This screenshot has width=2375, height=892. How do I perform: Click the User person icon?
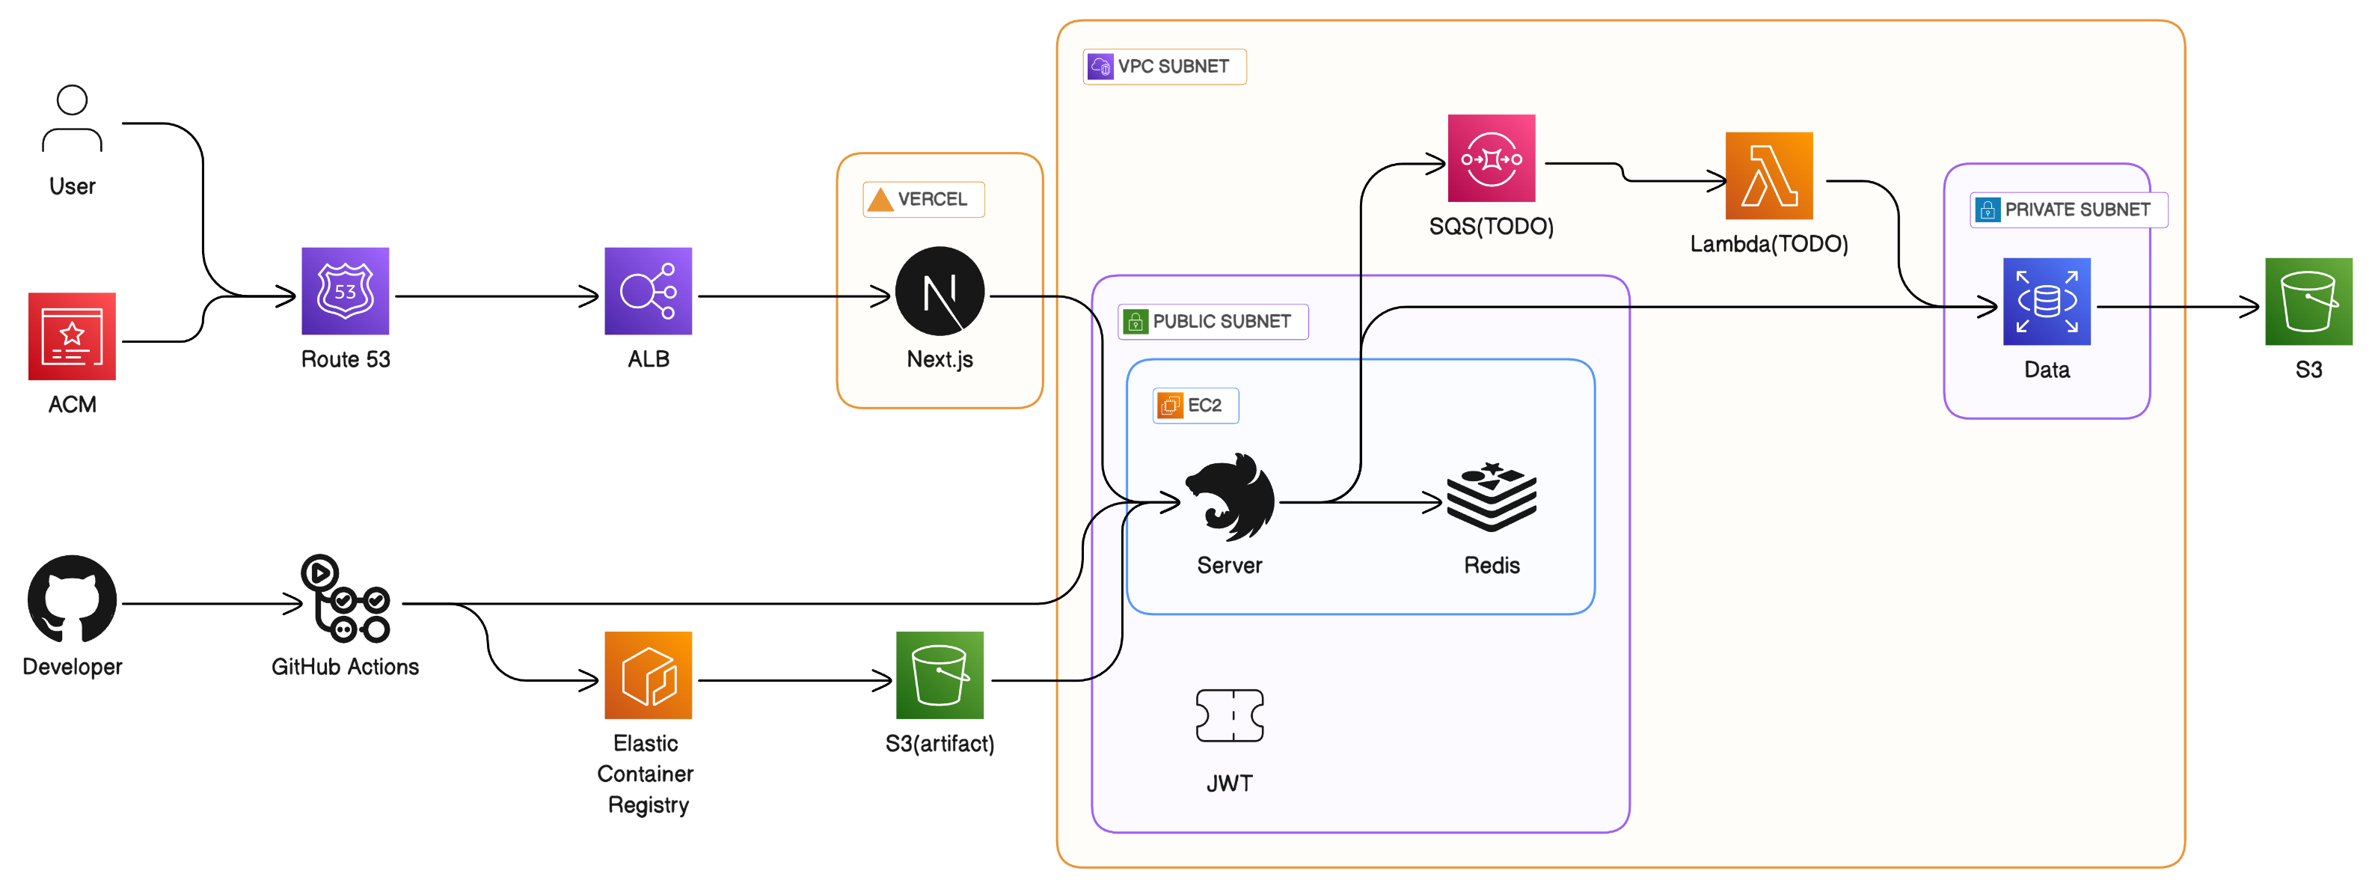point(72,119)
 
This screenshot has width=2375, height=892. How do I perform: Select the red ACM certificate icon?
point(72,337)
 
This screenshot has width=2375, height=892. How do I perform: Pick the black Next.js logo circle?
point(940,292)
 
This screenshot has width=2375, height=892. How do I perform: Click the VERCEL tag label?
point(923,199)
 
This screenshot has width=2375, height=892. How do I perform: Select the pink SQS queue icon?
point(1491,159)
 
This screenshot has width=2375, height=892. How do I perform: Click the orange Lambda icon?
point(1768,175)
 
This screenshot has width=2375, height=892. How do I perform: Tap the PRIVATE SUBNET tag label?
point(2068,210)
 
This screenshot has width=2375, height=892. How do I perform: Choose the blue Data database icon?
point(2046,302)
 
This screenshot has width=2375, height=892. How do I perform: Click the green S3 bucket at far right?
point(2308,302)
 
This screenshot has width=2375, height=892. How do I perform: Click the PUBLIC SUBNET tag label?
point(1213,321)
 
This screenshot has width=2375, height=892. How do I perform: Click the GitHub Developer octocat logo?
point(72,599)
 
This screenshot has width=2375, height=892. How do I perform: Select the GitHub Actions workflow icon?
point(345,599)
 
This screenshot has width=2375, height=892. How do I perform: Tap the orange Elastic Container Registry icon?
point(648,675)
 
